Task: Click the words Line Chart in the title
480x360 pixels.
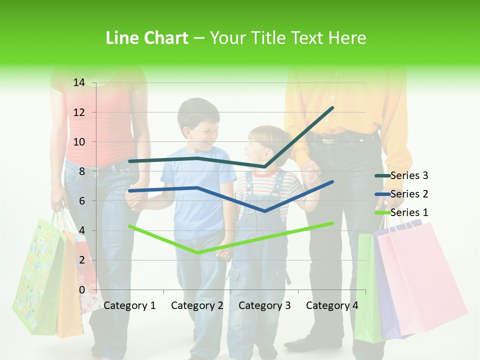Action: pyautogui.click(x=147, y=38)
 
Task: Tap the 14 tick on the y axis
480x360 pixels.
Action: pyautogui.click(x=79, y=82)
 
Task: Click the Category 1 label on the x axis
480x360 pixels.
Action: pyautogui.click(x=129, y=305)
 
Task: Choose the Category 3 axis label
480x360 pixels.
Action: pyautogui.click(x=264, y=305)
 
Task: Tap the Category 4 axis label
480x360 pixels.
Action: pyautogui.click(x=332, y=305)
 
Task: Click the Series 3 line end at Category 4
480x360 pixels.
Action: pyautogui.click(x=332, y=108)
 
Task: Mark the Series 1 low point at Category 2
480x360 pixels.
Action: pyautogui.click(x=197, y=252)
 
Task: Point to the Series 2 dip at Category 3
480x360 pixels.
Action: pyautogui.click(x=264, y=211)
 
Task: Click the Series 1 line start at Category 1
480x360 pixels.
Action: pyautogui.click(x=130, y=226)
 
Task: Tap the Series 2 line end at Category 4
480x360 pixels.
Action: pyautogui.click(x=332, y=182)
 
